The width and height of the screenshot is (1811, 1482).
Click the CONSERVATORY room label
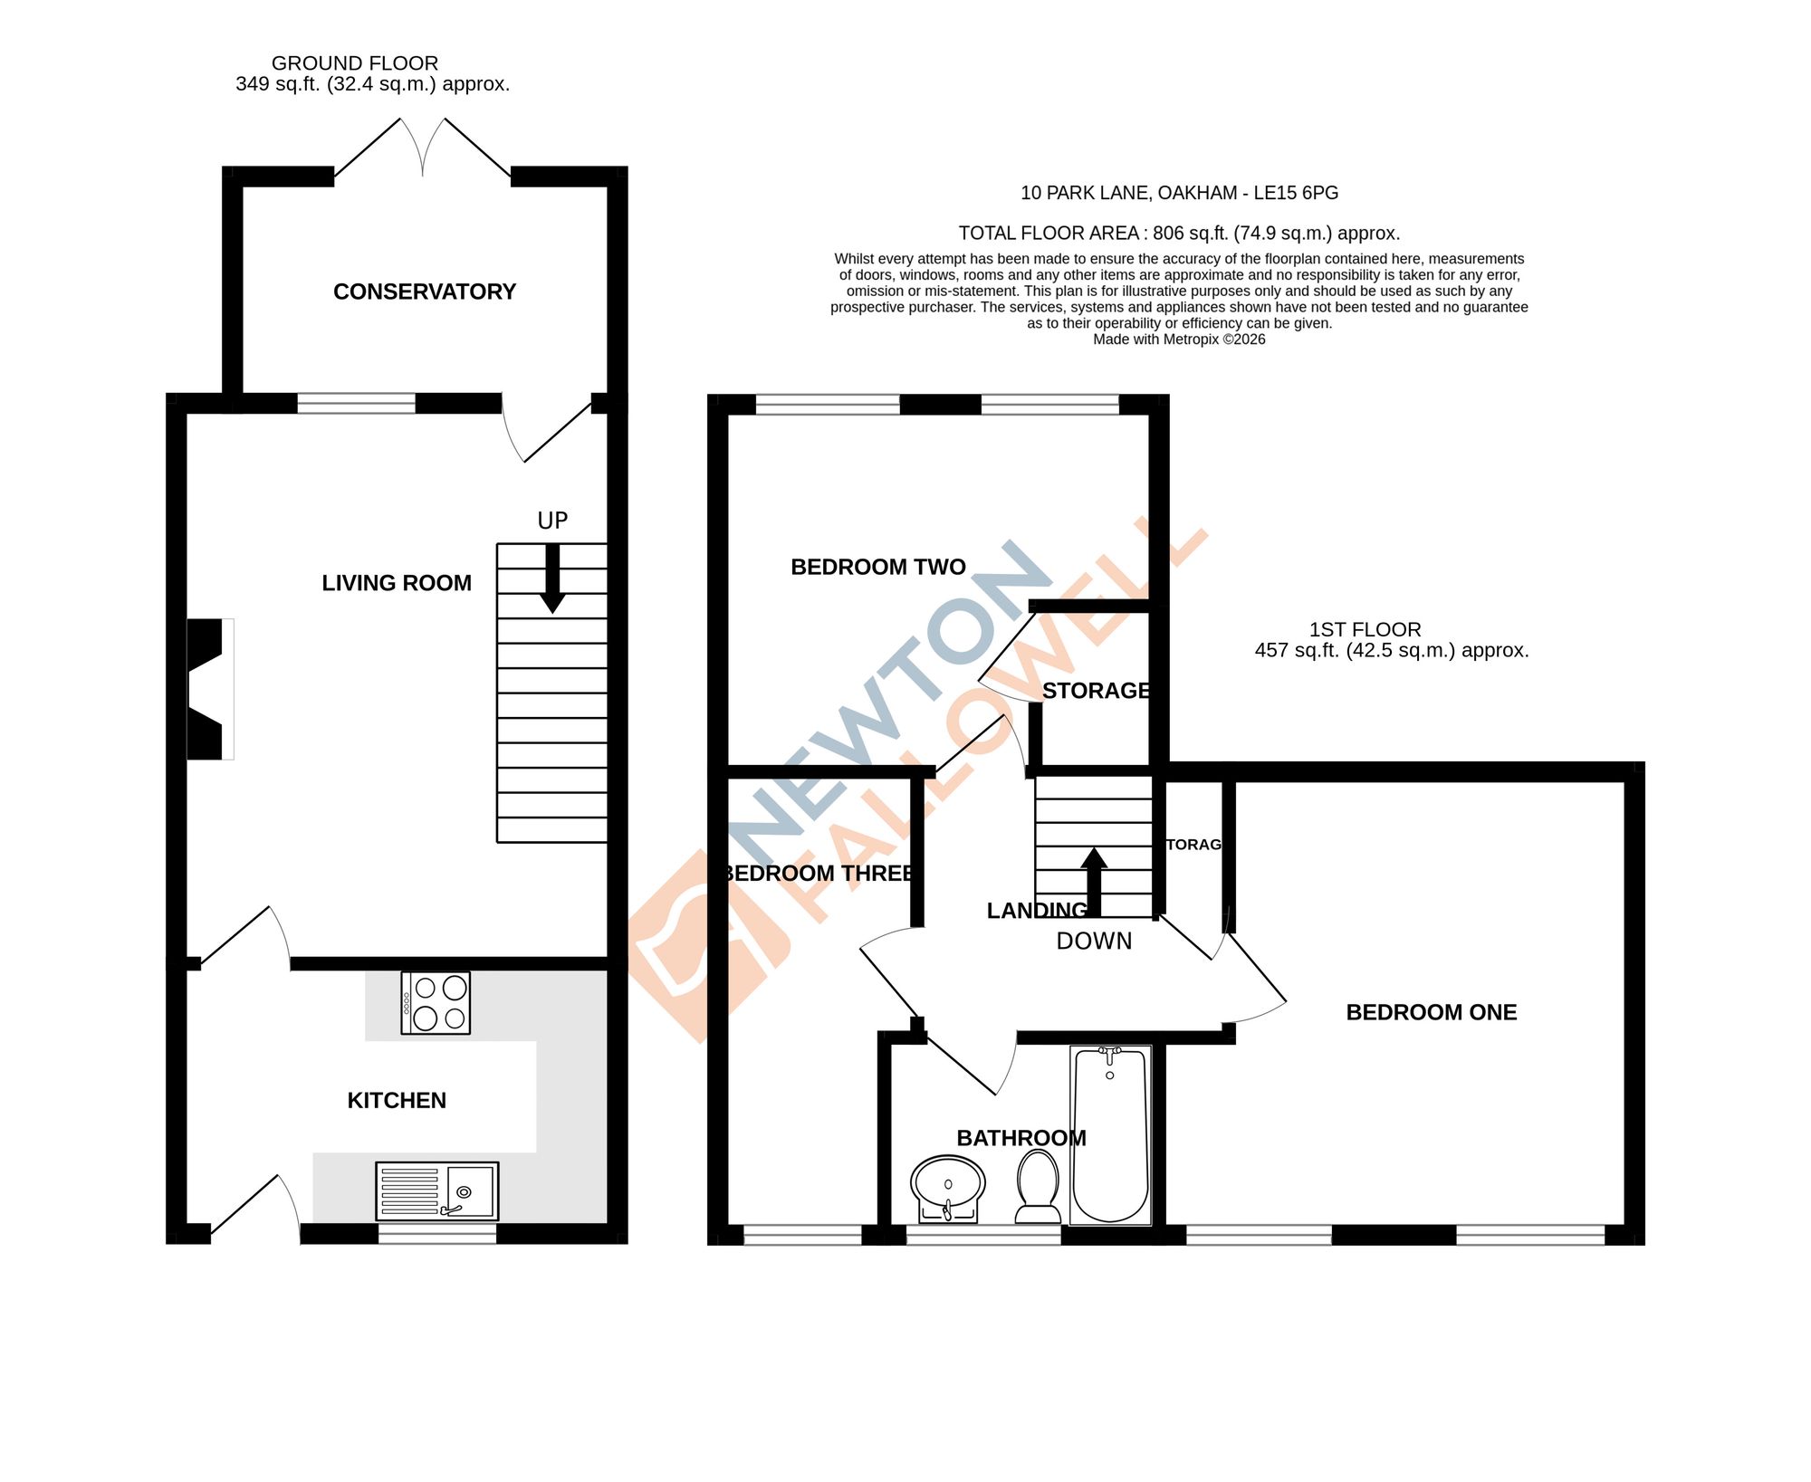click(x=424, y=292)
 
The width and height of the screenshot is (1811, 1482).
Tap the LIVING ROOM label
click(x=397, y=583)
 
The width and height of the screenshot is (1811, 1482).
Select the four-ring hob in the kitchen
click(x=436, y=1002)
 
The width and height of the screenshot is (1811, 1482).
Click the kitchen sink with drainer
click(x=436, y=1190)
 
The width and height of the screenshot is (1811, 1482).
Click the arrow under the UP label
click(x=551, y=579)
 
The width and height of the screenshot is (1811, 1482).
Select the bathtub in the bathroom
click(x=1110, y=1135)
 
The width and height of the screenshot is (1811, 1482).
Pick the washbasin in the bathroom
click(x=948, y=1187)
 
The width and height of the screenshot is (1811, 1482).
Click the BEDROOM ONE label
click(x=1431, y=1012)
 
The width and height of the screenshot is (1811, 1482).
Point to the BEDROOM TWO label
click(x=877, y=567)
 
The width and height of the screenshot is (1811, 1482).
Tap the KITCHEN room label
click(x=397, y=1100)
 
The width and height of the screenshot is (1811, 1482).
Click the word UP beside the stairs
click(x=552, y=521)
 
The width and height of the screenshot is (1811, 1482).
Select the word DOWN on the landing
click(x=1094, y=942)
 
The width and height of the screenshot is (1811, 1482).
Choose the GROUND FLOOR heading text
click(x=355, y=63)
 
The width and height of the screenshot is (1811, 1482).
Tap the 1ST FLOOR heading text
click(x=1365, y=629)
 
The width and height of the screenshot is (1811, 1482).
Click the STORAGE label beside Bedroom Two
click(x=1095, y=691)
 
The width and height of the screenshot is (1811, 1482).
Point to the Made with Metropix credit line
click(x=1179, y=339)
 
